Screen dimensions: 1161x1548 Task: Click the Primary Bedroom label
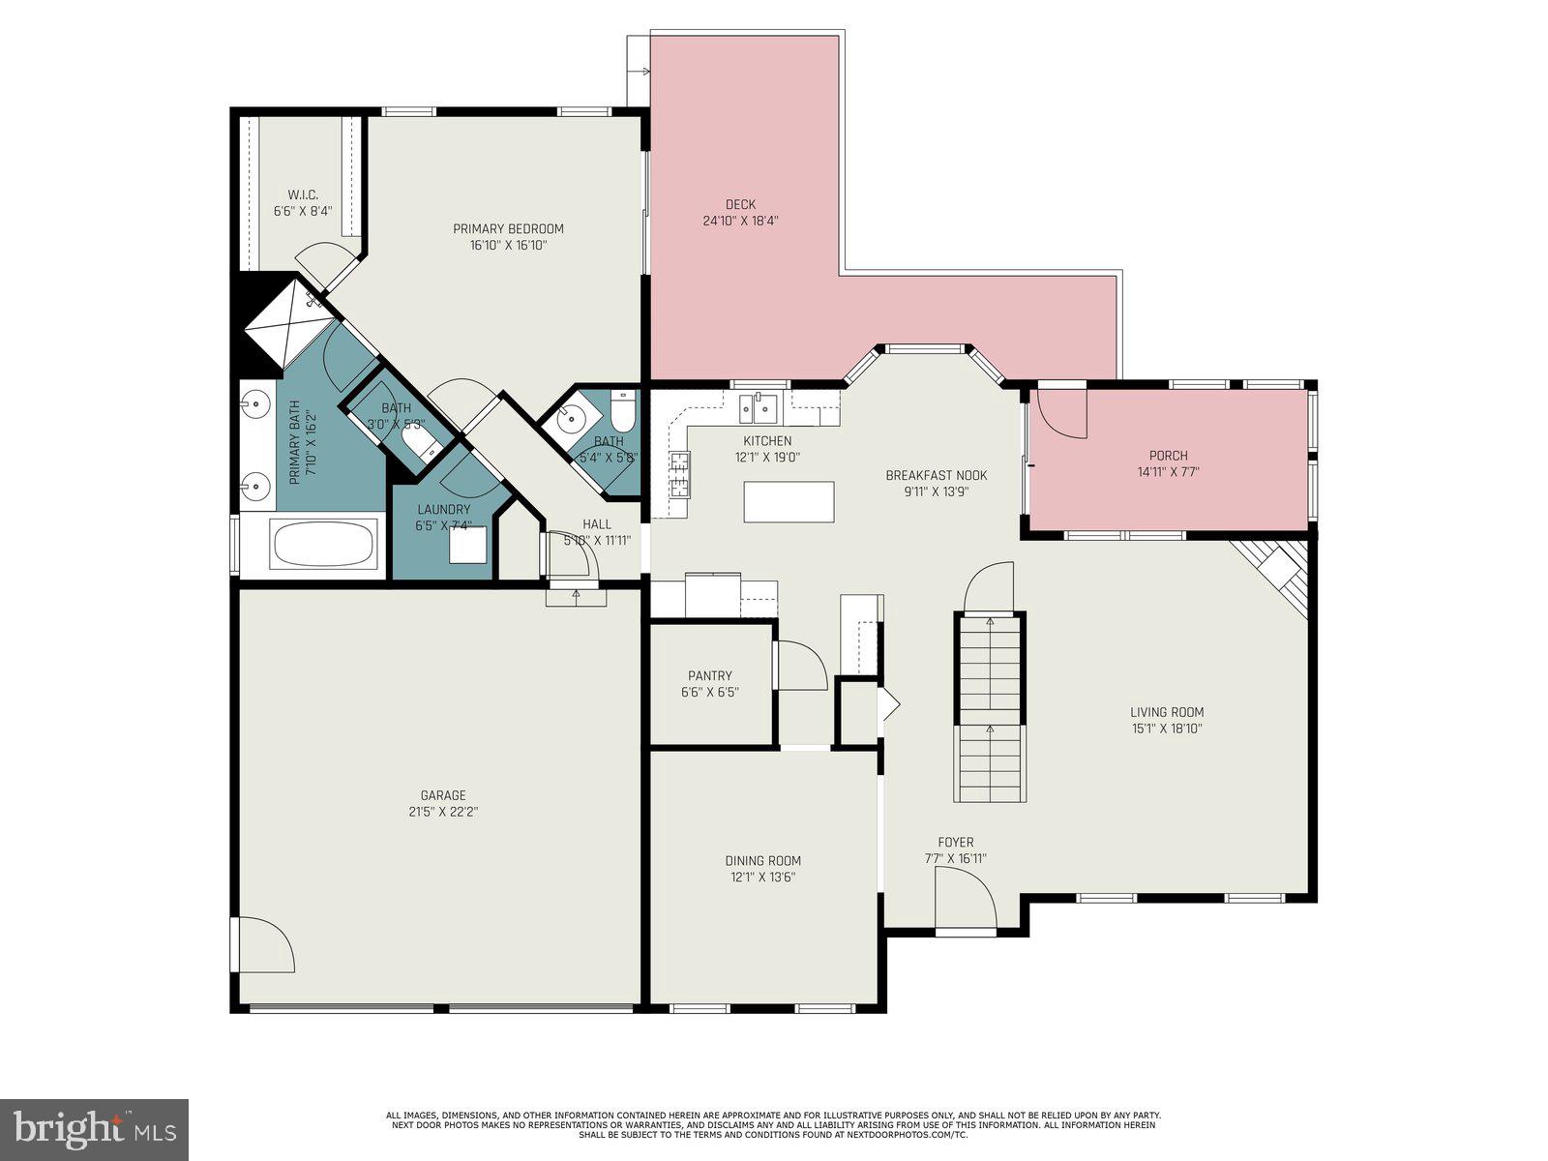(x=508, y=228)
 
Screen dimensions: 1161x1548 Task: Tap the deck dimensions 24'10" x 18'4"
(x=740, y=221)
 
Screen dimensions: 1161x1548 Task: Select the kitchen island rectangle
(x=789, y=501)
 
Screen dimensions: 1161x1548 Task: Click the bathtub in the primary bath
(x=325, y=544)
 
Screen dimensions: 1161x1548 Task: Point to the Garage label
(x=442, y=795)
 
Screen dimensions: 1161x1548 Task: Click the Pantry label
(x=709, y=675)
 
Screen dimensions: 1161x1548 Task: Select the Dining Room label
(x=762, y=860)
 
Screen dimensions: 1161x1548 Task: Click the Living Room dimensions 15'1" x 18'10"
(x=1167, y=729)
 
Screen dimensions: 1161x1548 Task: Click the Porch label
(x=1168, y=455)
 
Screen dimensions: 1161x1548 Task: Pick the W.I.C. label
(x=303, y=194)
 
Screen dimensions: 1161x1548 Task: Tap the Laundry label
(x=443, y=509)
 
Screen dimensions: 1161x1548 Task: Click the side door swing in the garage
(x=263, y=946)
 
